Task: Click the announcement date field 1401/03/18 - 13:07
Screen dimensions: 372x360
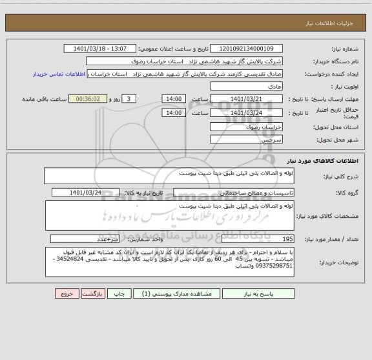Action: coord(101,48)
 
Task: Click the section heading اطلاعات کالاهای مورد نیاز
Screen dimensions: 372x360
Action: coord(329,161)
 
